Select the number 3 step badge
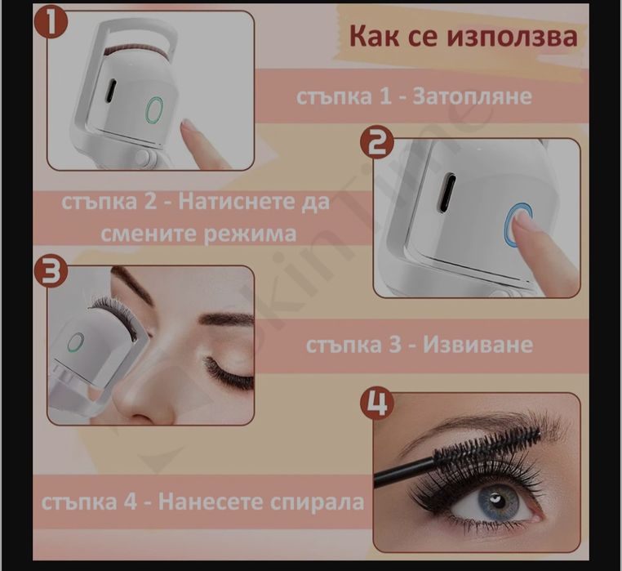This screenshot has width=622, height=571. (51, 272)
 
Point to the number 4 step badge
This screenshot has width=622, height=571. (379, 403)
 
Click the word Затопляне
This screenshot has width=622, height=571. (473, 96)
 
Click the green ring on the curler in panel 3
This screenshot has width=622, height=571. (75, 342)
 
